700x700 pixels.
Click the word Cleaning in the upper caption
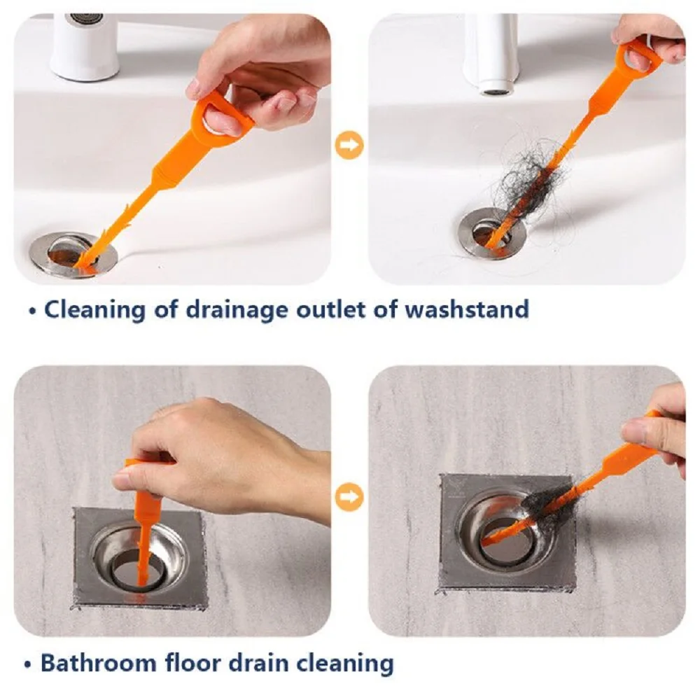coord(94,310)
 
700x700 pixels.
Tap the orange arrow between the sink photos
coord(349,145)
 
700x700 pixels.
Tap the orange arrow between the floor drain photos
coord(349,497)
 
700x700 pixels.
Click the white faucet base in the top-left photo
coord(85,47)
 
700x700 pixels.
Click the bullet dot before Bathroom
coord(28,664)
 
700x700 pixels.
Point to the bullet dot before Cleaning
coord(31,311)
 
